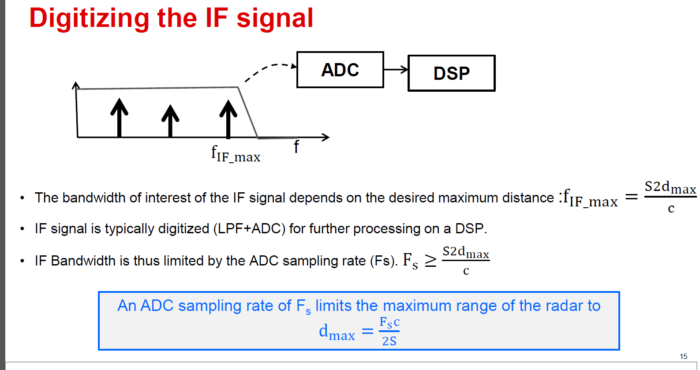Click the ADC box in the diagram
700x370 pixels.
pyautogui.click(x=340, y=70)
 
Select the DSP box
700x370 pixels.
pyautogui.click(x=451, y=73)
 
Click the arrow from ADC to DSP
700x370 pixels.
pyautogui.click(x=396, y=69)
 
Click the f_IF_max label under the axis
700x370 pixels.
pyautogui.click(x=236, y=154)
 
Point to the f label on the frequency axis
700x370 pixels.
pyautogui.click(x=296, y=147)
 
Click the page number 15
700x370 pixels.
pyautogui.click(x=683, y=356)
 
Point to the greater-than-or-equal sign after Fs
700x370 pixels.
pyautogui.click(x=430, y=261)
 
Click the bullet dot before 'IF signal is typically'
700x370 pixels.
pyautogui.click(x=22, y=229)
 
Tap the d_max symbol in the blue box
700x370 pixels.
pyautogui.click(x=337, y=332)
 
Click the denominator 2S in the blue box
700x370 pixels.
pyautogui.click(x=389, y=341)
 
